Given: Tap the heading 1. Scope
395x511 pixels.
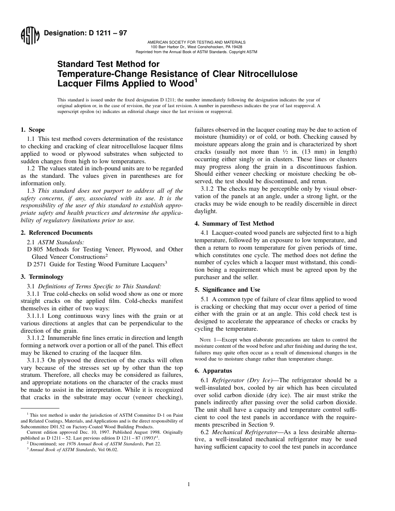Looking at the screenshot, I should (x=33, y=130).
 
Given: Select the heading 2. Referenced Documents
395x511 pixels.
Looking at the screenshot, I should (x=57, y=233).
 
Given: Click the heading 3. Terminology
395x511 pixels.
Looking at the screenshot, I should (x=42, y=277).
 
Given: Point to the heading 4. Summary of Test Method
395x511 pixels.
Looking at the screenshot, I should (x=234, y=224).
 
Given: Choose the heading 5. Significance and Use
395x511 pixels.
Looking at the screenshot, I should (x=227, y=290).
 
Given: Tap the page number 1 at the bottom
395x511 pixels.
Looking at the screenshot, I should (x=189, y=484).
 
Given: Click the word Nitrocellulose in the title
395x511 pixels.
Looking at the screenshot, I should (x=263, y=74).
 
